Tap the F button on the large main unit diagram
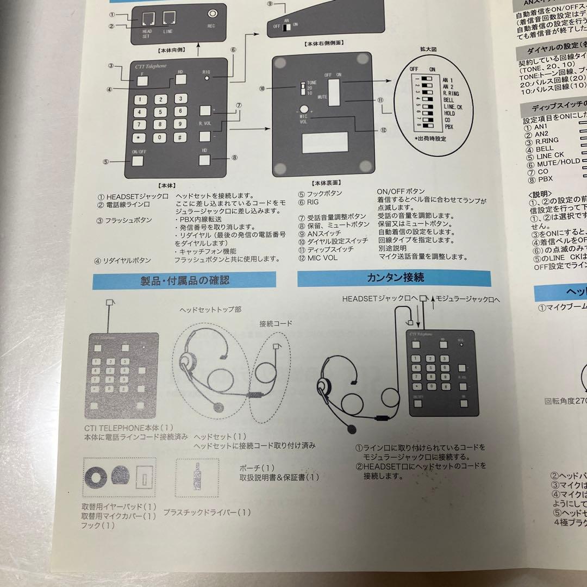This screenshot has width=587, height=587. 142,80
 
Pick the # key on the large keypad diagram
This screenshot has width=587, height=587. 178,137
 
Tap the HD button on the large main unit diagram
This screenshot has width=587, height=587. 205,160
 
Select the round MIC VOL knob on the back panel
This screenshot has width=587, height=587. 303,109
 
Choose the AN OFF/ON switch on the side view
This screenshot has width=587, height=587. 286,27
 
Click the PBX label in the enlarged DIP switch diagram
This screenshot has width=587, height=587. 448,126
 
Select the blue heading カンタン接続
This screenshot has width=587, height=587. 394,278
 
